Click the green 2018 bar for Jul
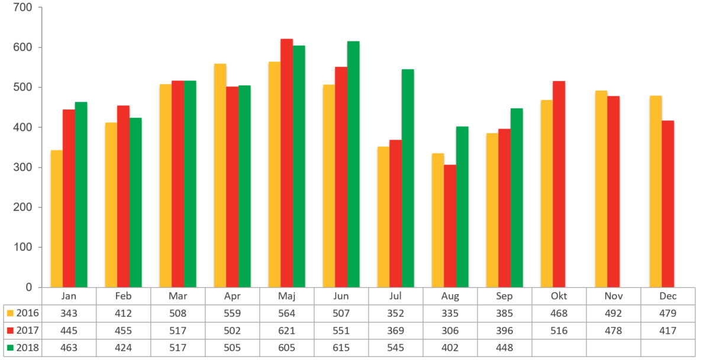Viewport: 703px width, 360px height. (408, 178)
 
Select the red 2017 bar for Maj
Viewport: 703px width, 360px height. (286, 163)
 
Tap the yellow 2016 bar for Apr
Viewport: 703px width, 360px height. (220, 175)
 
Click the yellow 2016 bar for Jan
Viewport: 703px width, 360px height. (57, 218)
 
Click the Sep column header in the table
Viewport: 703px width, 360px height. (505, 296)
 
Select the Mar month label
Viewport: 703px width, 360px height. (178, 296)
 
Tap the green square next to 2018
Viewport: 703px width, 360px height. (10, 348)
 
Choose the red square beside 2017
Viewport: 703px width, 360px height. (10, 330)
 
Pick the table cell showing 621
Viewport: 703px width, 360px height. (287, 330)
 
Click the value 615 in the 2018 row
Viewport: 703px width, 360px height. (341, 348)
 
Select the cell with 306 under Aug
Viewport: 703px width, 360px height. (450, 330)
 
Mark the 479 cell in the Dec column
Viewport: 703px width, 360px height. (668, 313)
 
